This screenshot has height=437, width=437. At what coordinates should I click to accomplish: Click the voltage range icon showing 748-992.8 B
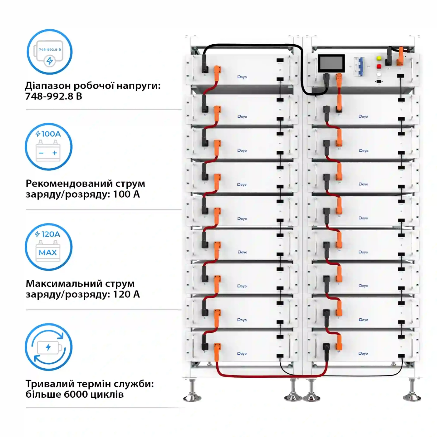pyautogui.click(x=49, y=52)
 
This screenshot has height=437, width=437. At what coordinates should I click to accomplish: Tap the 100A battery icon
pyautogui.click(x=48, y=147)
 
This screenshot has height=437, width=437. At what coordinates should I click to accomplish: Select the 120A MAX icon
pyautogui.click(x=48, y=247)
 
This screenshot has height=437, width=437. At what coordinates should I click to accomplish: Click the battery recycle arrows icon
pyautogui.click(x=48, y=347)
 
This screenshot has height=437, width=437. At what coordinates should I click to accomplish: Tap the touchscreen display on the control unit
pyautogui.click(x=331, y=63)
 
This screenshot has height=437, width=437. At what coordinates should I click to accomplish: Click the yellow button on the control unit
pyautogui.click(x=379, y=58)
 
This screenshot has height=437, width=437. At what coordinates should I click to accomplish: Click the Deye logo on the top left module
pyautogui.click(x=242, y=77)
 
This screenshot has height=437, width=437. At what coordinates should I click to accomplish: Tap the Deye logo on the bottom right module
pyautogui.click(x=363, y=353)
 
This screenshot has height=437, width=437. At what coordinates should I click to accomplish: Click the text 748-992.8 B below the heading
pyautogui.click(x=53, y=96)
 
